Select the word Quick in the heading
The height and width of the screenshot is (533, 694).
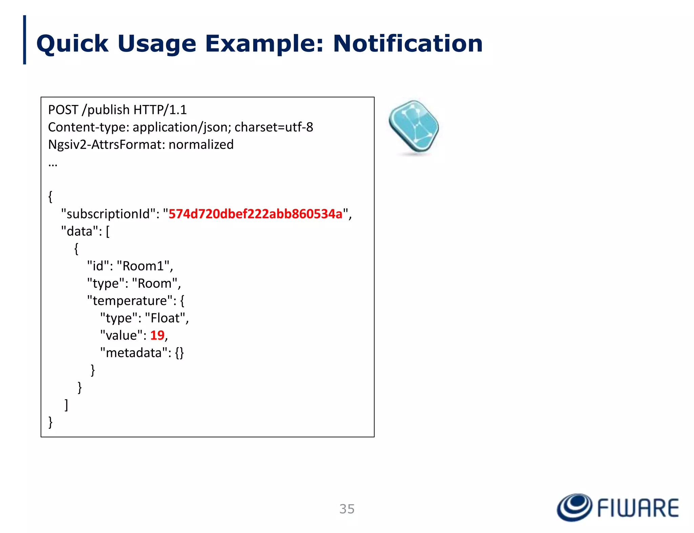pyautogui.click(x=72, y=44)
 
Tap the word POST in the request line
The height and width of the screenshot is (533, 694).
pyautogui.click(x=63, y=110)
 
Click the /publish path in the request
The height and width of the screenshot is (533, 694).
pyautogui.click(x=106, y=110)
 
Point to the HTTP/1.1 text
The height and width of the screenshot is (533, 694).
pyautogui.click(x=160, y=110)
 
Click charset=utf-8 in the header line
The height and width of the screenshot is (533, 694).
pyautogui.click(x=274, y=127)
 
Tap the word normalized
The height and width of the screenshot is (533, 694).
pyautogui.click(x=201, y=144)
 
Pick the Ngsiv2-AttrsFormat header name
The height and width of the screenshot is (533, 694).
pyautogui.click(x=106, y=144)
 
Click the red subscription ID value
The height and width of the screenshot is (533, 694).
pyautogui.click(x=256, y=214)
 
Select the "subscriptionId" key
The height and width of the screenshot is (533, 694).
pyautogui.click(x=108, y=214)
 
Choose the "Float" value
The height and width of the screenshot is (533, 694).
pyautogui.click(x=165, y=318)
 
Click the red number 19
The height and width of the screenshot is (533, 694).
pyautogui.click(x=157, y=335)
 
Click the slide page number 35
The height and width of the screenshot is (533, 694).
pyautogui.click(x=347, y=509)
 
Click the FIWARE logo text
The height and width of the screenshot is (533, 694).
pyautogui.click(x=638, y=508)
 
